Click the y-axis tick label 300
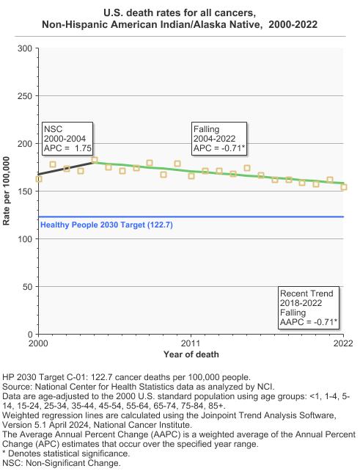click(x=25, y=48)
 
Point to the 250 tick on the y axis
click(x=25, y=96)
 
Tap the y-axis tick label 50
click(x=27, y=287)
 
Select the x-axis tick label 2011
click(x=191, y=343)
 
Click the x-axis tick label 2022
click(x=343, y=343)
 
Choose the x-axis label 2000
click(x=38, y=343)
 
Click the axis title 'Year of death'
click(x=191, y=354)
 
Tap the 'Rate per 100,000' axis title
click(x=7, y=191)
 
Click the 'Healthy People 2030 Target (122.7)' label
click(x=106, y=225)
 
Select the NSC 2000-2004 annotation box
click(x=67, y=139)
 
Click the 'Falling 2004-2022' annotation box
click(x=219, y=139)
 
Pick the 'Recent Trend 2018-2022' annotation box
click(x=309, y=307)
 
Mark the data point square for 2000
click(x=39, y=179)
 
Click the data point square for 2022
click(x=344, y=187)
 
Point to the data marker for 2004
click(x=95, y=160)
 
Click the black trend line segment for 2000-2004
click(x=67, y=169)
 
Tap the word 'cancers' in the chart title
click(x=237, y=13)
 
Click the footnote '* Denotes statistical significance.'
click(x=66, y=453)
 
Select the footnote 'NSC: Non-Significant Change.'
click(x=62, y=463)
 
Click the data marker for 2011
click(x=191, y=175)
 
